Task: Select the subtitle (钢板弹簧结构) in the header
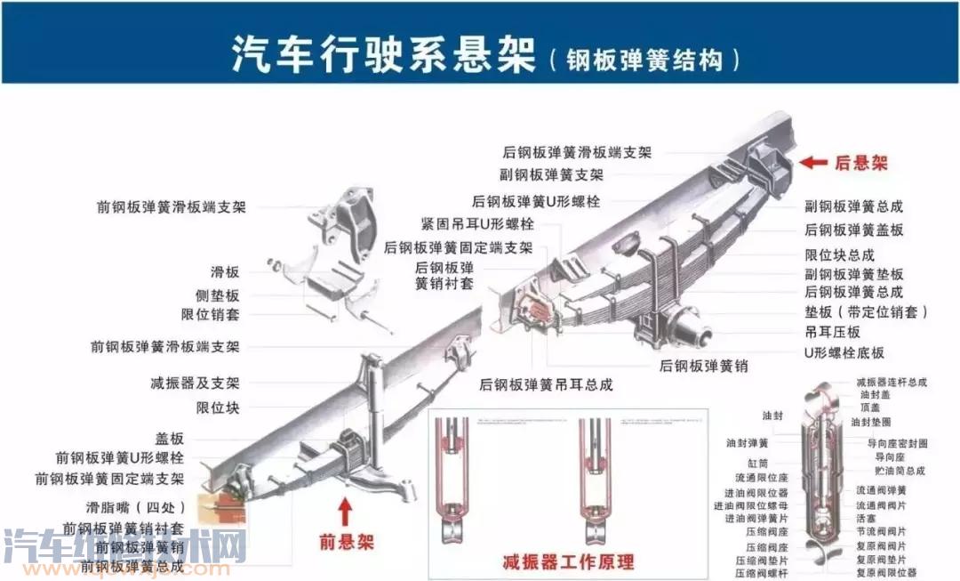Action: pos(644,59)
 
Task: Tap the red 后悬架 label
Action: pos(860,163)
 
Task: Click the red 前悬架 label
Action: pos(346,542)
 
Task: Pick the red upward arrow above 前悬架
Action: pos(345,512)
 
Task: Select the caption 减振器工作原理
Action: pos(568,561)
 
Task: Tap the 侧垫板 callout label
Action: pos(217,295)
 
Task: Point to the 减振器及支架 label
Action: pos(195,383)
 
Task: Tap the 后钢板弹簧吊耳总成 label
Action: pos(546,384)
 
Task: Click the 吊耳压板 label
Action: pos(832,332)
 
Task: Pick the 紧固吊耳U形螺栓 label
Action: pos(477,223)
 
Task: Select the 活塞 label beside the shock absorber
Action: pos(867,517)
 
